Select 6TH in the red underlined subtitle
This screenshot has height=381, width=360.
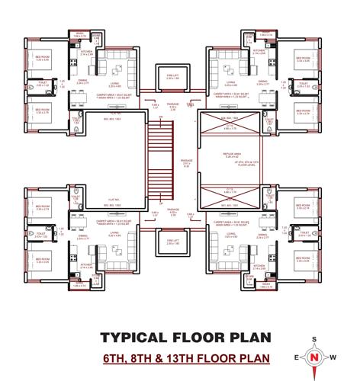coord(120,357)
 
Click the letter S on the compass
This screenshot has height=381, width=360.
coord(313,340)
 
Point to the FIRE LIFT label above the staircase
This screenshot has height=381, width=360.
coord(173,76)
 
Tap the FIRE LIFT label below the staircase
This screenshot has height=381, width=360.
coord(173,242)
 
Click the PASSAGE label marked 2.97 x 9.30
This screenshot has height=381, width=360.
coord(185,162)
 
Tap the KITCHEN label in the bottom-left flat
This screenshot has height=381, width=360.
coord(88,264)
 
